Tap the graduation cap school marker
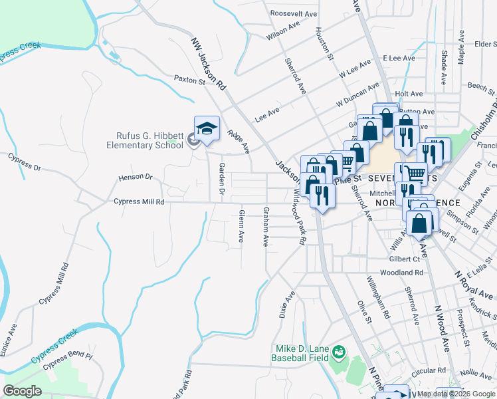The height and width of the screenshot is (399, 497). (207, 128)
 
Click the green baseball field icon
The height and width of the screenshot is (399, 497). (339, 350)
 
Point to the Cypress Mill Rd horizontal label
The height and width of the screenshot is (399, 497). (139, 201)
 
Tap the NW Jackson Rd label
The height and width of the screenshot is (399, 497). (209, 64)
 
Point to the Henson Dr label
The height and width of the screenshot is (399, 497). (136, 178)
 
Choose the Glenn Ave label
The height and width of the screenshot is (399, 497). (241, 227)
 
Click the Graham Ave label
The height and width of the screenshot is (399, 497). (265, 226)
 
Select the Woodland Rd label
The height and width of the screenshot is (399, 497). (401, 273)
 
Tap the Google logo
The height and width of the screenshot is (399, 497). (23, 391)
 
